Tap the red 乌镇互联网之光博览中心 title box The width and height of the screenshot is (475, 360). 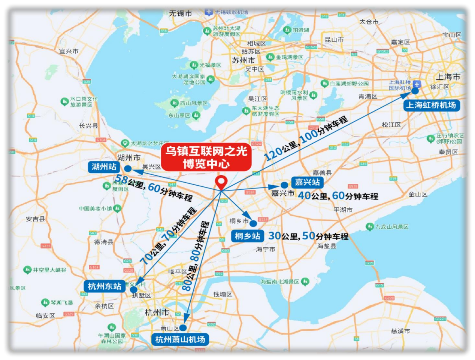[206, 157]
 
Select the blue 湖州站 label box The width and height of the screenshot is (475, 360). [104, 167]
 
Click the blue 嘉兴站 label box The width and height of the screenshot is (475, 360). [307, 182]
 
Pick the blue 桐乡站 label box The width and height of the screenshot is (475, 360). [247, 236]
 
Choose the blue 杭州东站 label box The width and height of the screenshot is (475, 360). [105, 287]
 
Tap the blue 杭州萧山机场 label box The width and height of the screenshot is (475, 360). [180, 340]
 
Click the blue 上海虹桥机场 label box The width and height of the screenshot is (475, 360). [431, 105]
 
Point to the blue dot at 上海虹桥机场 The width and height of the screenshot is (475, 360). [415, 91]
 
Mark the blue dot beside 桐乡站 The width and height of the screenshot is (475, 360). [253, 224]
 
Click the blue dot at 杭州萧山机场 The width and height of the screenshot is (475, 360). [183, 328]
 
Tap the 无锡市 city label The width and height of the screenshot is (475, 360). [180, 13]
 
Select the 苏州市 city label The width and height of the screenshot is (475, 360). [243, 60]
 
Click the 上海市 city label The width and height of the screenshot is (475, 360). [448, 77]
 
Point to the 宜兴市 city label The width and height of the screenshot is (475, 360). [69, 51]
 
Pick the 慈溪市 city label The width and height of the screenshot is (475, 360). [400, 331]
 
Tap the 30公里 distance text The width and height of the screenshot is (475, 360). [284, 236]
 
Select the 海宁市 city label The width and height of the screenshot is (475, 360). [266, 249]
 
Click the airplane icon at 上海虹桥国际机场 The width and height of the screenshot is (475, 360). [417, 84]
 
